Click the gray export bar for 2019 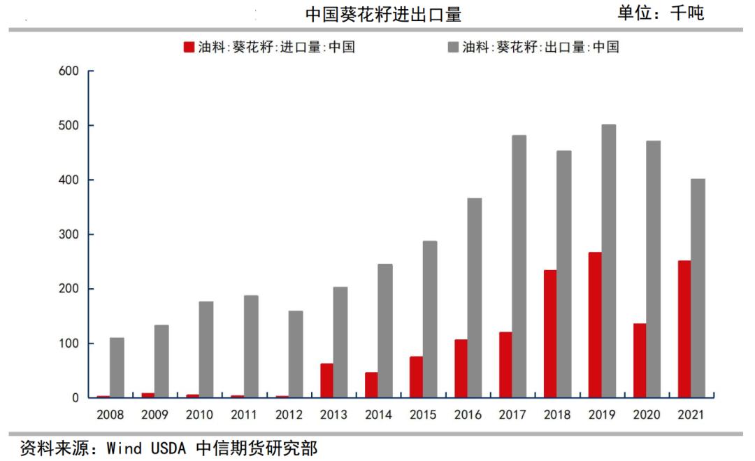click(x=609, y=261)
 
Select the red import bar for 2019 click(x=595, y=325)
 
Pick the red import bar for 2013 click(x=326, y=381)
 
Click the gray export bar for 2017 click(x=519, y=267)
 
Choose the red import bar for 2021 click(x=684, y=329)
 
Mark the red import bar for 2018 click(x=550, y=334)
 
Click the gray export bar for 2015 click(x=430, y=319)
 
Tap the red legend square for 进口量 click(x=189, y=48)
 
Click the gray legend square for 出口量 click(x=453, y=48)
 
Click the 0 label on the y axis click(x=78, y=398)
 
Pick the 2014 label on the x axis click(x=378, y=415)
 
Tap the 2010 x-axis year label click(x=199, y=415)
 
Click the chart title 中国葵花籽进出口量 click(x=383, y=15)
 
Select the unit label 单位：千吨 click(x=660, y=13)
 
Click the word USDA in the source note click(x=168, y=448)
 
